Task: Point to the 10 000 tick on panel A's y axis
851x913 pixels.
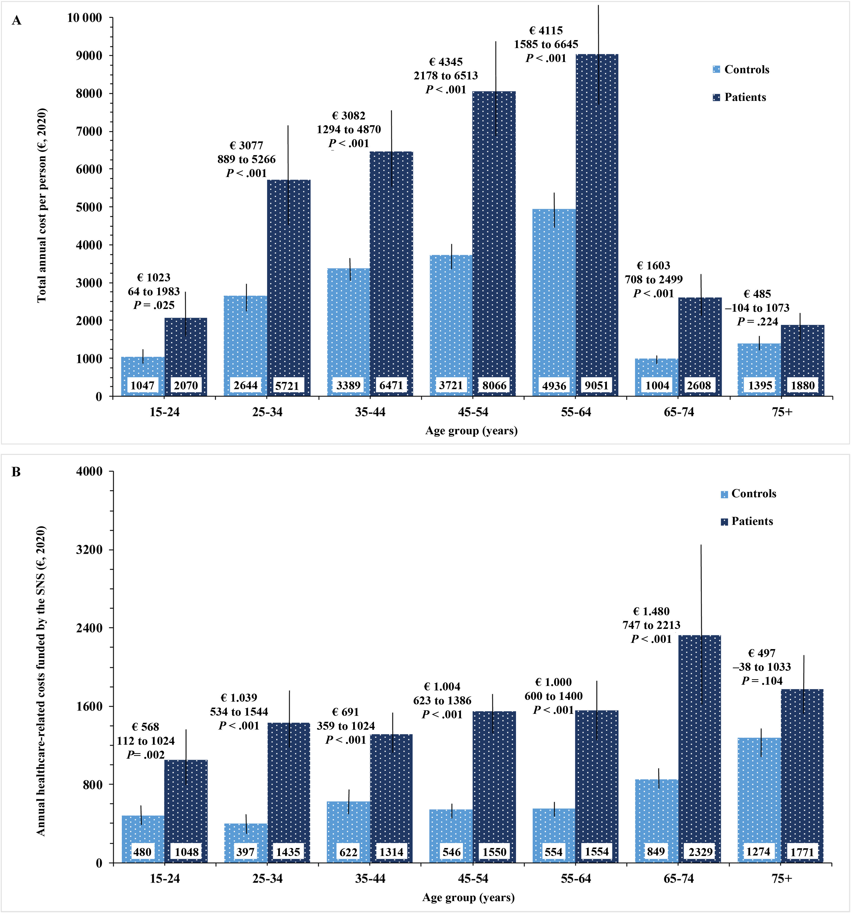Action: pyautogui.click(x=84, y=18)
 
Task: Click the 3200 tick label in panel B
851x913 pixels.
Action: pyautogui.click(x=89, y=550)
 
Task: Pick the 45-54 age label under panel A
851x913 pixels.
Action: pyautogui.click(x=473, y=412)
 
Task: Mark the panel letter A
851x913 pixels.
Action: pyautogui.click(x=16, y=21)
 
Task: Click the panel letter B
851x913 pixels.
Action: pyautogui.click(x=16, y=472)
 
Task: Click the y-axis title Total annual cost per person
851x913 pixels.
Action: pyautogui.click(x=42, y=205)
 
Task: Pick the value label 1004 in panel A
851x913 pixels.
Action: pyautogui.click(x=657, y=385)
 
